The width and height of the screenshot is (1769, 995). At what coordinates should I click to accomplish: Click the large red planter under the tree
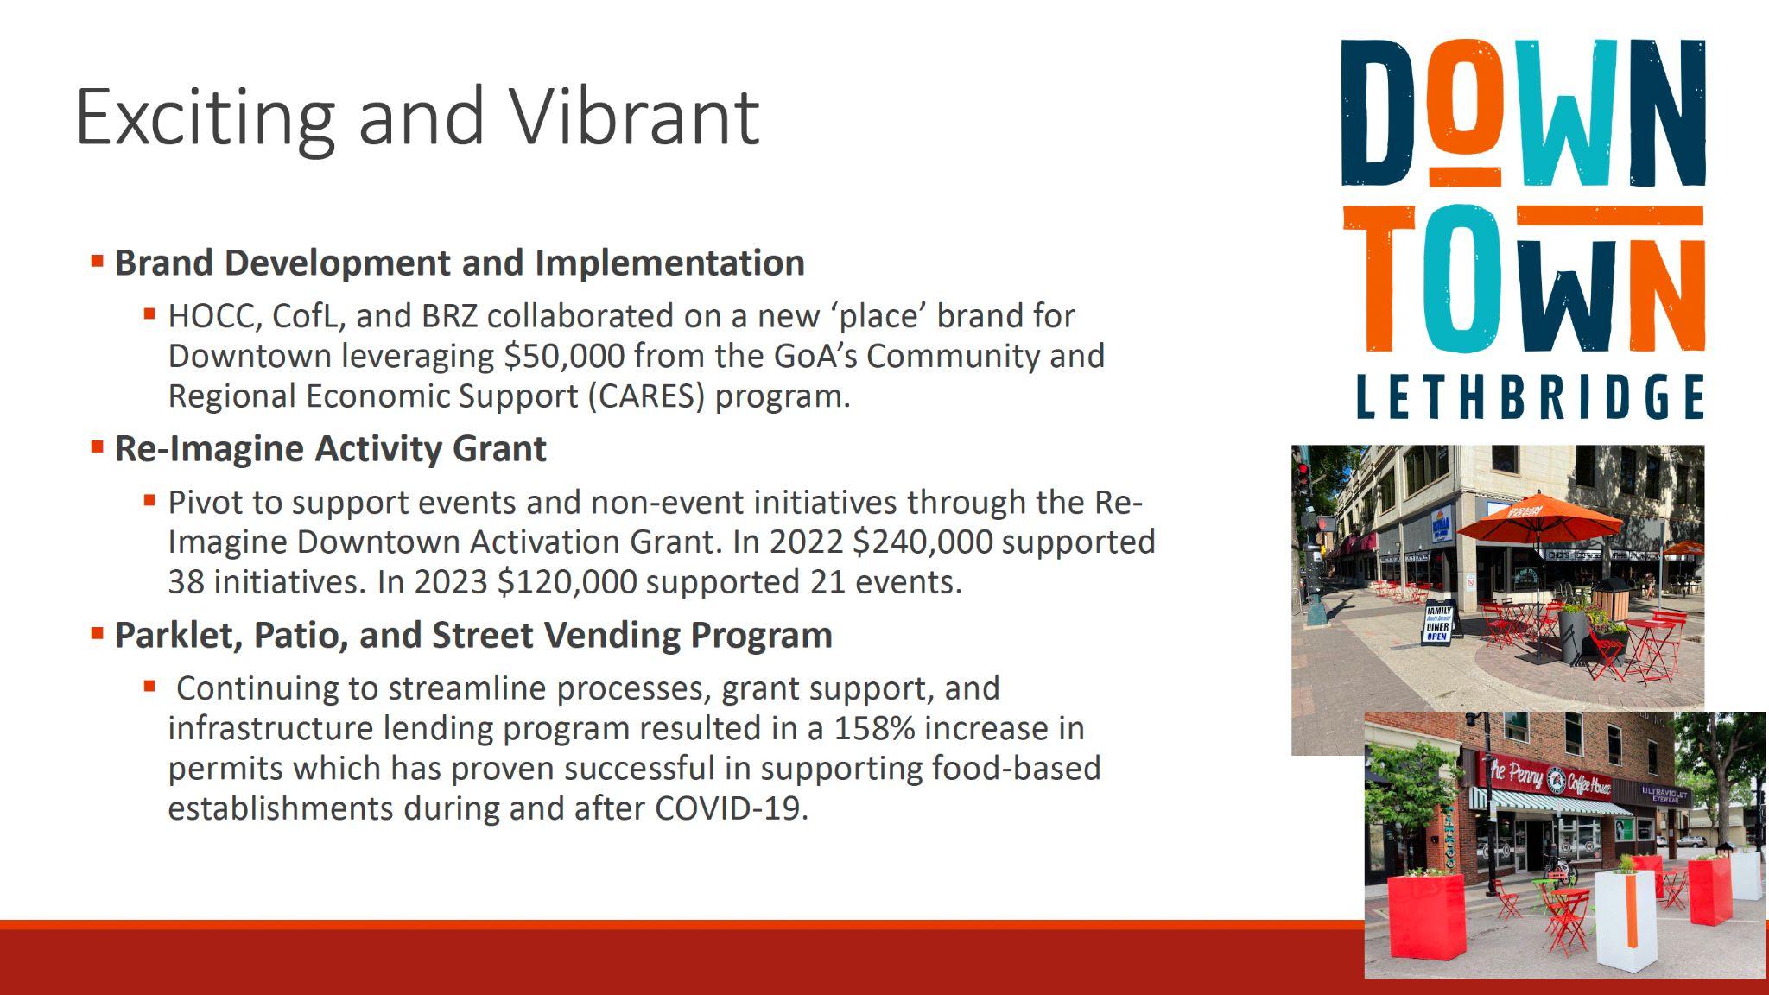pyautogui.click(x=1426, y=916)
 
